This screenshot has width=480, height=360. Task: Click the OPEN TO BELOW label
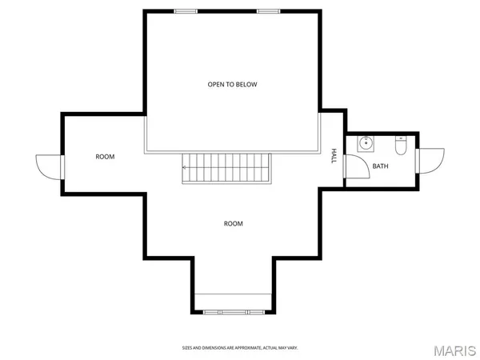point(232,84)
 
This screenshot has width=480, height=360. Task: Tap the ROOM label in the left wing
point(105,157)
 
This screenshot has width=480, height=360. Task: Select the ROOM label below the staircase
point(233,224)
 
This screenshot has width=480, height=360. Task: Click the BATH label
point(380,167)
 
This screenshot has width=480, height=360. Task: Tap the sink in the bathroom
point(366,145)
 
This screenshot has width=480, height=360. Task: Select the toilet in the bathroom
point(401,145)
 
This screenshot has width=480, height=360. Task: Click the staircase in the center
point(227,168)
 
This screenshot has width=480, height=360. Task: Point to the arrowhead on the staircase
point(185,168)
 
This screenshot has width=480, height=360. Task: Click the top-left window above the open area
point(186,11)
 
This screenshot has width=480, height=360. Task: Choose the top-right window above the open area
point(269,11)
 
